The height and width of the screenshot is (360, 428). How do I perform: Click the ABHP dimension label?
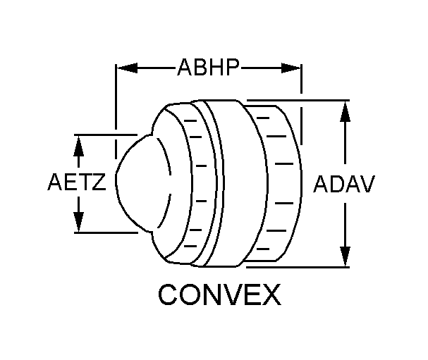(209, 67)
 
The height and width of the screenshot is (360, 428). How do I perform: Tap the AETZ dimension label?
(77, 182)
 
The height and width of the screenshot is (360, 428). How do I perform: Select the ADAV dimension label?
(344, 184)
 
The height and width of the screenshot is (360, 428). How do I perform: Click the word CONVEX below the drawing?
(219, 294)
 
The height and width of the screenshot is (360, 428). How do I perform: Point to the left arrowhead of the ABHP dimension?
(127, 68)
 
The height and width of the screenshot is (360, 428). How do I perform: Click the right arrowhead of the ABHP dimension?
(291, 68)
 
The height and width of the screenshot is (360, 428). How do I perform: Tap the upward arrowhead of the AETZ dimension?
(78, 146)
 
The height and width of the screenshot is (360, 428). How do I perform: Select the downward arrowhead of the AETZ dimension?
(78, 222)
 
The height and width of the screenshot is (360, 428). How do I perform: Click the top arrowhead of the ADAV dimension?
(345, 111)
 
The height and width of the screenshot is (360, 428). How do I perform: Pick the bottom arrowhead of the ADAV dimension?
(345, 256)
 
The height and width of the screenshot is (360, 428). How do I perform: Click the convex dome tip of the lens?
(116, 176)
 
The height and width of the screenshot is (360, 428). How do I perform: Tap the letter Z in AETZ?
(99, 182)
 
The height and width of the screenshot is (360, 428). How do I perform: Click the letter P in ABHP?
(233, 67)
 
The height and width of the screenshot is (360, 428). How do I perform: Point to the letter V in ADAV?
(367, 184)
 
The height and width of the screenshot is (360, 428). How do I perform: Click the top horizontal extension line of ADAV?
(298, 100)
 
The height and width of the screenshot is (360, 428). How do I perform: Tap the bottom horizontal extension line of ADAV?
(298, 267)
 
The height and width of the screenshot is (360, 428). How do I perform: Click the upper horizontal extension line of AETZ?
(106, 135)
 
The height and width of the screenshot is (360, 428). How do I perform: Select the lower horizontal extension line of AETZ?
(106, 232)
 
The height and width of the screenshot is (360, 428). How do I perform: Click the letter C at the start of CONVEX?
(168, 294)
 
